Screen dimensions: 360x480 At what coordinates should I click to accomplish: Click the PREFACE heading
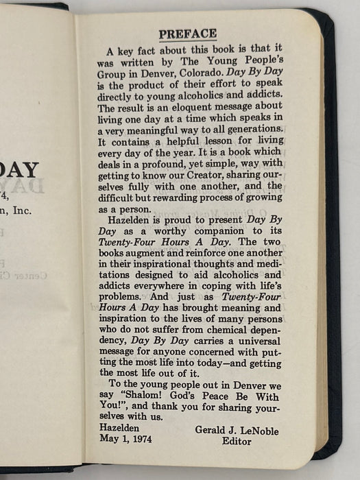(187, 34)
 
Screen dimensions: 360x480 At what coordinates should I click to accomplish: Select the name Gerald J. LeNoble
(239, 431)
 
